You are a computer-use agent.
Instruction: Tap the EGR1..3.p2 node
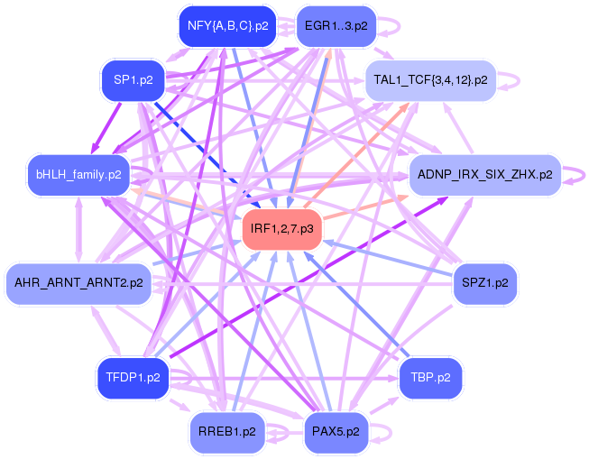click(x=336, y=26)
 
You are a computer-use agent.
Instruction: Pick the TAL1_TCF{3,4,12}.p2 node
click(x=430, y=81)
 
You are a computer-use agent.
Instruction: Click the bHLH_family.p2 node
click(x=79, y=173)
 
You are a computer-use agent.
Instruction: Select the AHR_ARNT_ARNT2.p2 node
click(x=78, y=283)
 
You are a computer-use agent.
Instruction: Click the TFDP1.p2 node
click(x=133, y=377)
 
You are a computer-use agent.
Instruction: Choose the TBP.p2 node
click(x=430, y=377)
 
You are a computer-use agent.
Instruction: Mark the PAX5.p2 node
click(x=336, y=431)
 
